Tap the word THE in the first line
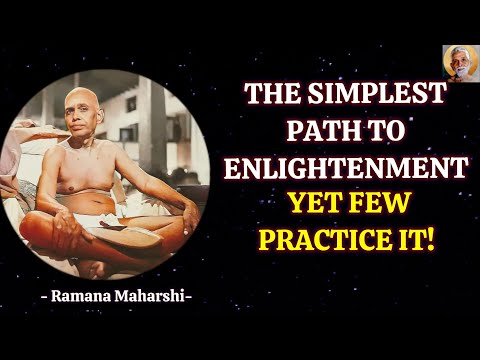[274, 96]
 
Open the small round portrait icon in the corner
[460, 62]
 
